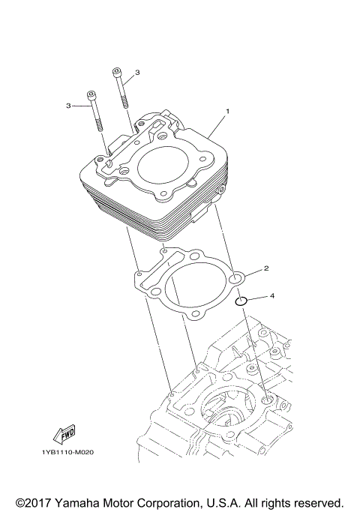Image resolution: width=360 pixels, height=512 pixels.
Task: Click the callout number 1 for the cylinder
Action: [x=228, y=111]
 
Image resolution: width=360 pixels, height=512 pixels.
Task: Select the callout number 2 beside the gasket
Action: [x=265, y=268]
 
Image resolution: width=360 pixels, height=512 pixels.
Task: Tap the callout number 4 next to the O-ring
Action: [x=272, y=295]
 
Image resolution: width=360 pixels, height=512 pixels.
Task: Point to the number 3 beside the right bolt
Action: [x=137, y=73]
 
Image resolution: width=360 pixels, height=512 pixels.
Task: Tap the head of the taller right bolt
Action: [x=117, y=72]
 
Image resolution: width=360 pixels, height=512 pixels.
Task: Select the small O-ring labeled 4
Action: [x=239, y=302]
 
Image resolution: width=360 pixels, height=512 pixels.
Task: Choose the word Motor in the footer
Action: [x=124, y=502]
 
